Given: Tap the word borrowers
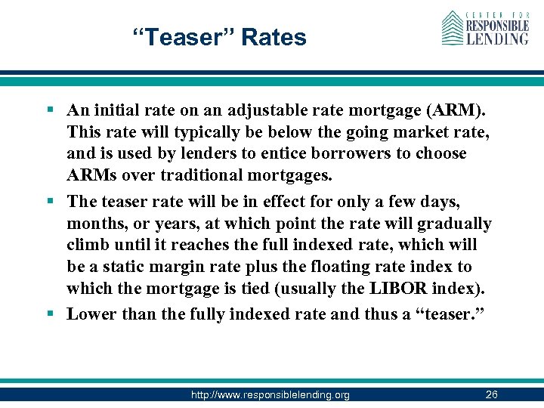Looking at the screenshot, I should (363, 154).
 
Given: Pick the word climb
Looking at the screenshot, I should (88, 246).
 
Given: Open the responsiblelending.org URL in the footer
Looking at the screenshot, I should (270, 394).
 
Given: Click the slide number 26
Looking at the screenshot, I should (491, 394).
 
